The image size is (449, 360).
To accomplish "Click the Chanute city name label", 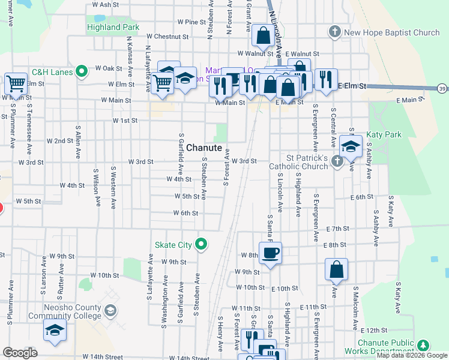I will click(x=204, y=148).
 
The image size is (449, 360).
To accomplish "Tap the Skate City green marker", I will click(x=202, y=244).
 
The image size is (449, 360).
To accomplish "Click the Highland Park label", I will click(x=113, y=28).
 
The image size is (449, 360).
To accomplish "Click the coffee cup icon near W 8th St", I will click(x=270, y=252).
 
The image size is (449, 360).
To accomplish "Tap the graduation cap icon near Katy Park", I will click(x=351, y=145).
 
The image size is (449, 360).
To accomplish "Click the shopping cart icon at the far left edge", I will click(x=14, y=83).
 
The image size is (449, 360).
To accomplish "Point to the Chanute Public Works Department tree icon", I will click(x=423, y=344).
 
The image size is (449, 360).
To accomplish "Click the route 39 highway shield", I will click(x=441, y=89).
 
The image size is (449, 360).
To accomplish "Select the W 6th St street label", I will click(x=185, y=213).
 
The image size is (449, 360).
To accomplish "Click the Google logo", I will click(x=20, y=353).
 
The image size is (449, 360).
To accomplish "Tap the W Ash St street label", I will click(x=106, y=5).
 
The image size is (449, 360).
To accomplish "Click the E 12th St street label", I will click(x=375, y=330).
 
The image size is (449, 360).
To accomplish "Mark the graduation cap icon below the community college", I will click(x=55, y=329).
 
